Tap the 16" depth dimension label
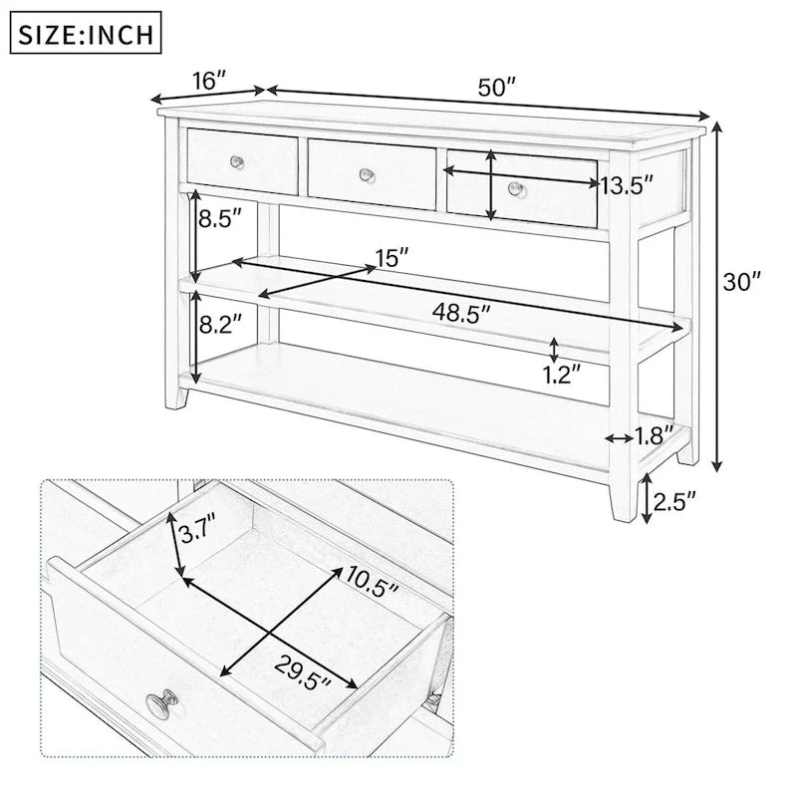[x=205, y=82]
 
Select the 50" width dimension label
[x=496, y=88]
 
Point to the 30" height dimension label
[x=742, y=282]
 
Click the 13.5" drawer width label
[x=627, y=183]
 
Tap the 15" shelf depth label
[x=392, y=259]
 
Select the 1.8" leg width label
[x=655, y=434]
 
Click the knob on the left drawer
[x=237, y=161]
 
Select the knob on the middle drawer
[x=367, y=175]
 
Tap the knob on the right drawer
[x=514, y=187]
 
